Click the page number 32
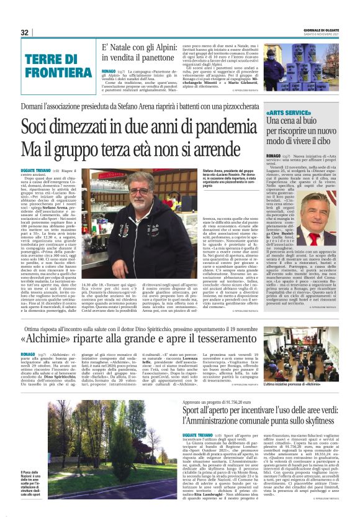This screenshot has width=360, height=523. click(x=25, y=32)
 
